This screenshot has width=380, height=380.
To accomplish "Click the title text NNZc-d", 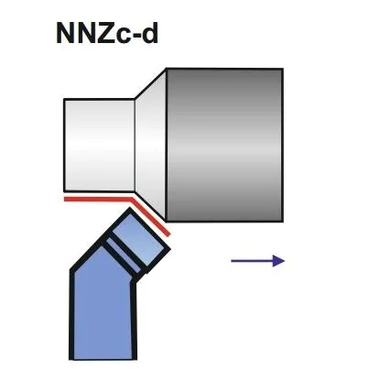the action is (107, 33).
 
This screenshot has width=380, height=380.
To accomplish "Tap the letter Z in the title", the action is (104, 33).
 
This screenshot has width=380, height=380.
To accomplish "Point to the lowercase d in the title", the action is (150, 33).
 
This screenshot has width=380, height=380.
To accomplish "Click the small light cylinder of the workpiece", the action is (100, 146).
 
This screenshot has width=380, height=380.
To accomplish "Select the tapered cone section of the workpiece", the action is (151, 146).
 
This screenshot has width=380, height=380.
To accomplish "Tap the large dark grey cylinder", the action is (224, 146).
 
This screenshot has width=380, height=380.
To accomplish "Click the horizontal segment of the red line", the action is (98, 200).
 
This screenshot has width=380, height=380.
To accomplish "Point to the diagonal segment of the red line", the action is (150, 217).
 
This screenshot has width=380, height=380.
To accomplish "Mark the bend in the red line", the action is (131, 200).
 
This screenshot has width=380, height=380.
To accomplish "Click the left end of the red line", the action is (64, 200).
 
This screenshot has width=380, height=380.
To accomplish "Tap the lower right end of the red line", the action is (168, 234).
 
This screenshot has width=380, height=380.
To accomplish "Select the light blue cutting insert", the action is (139, 239).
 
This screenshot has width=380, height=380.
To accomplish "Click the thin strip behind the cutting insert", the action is (123, 255).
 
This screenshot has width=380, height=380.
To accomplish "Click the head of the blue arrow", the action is (278, 261).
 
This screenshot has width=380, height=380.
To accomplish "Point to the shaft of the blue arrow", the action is (252, 261).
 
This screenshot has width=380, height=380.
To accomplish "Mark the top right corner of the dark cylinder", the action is (283, 69).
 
